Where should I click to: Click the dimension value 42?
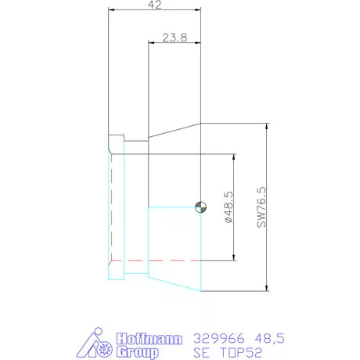point(155,5)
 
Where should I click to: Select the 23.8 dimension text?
point(175,38)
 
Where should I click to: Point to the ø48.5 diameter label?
point(229,207)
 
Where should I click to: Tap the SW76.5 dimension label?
point(261,207)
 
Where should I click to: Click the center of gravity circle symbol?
point(200,207)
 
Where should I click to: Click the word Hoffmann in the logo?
point(149,339)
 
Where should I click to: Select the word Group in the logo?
point(138,352)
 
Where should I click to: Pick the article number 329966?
point(219,339)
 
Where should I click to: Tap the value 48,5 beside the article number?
point(269,339)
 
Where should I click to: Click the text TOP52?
point(241,352)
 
